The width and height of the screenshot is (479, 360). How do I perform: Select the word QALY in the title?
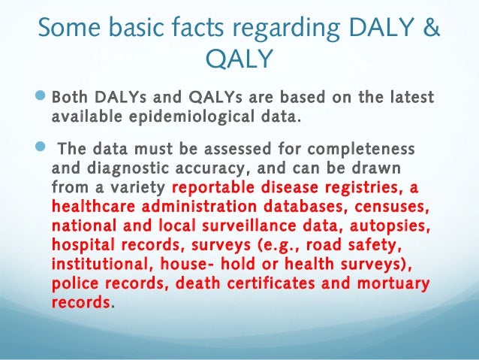pyautogui.click(x=239, y=59)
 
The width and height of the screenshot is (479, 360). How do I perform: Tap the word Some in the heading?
pyautogui.click(x=69, y=27)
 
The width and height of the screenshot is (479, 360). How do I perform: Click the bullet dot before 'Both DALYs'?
pyautogui.click(x=41, y=95)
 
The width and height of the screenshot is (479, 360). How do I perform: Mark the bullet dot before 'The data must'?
pyautogui.click(x=41, y=147)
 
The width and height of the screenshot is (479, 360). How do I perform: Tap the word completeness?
pyautogui.click(x=361, y=150)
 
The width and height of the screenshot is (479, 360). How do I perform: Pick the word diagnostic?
pyautogui.click(x=128, y=169)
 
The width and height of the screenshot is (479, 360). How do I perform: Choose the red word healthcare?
pyautogui.click(x=93, y=206)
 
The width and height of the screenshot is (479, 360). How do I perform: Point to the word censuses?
pyautogui.click(x=392, y=207)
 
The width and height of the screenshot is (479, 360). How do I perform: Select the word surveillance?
pyautogui.click(x=249, y=225)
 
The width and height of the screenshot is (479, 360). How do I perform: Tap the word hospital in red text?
pyautogui.click(x=83, y=245)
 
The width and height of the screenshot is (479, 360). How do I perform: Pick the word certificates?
pyautogui.click(x=271, y=283)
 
